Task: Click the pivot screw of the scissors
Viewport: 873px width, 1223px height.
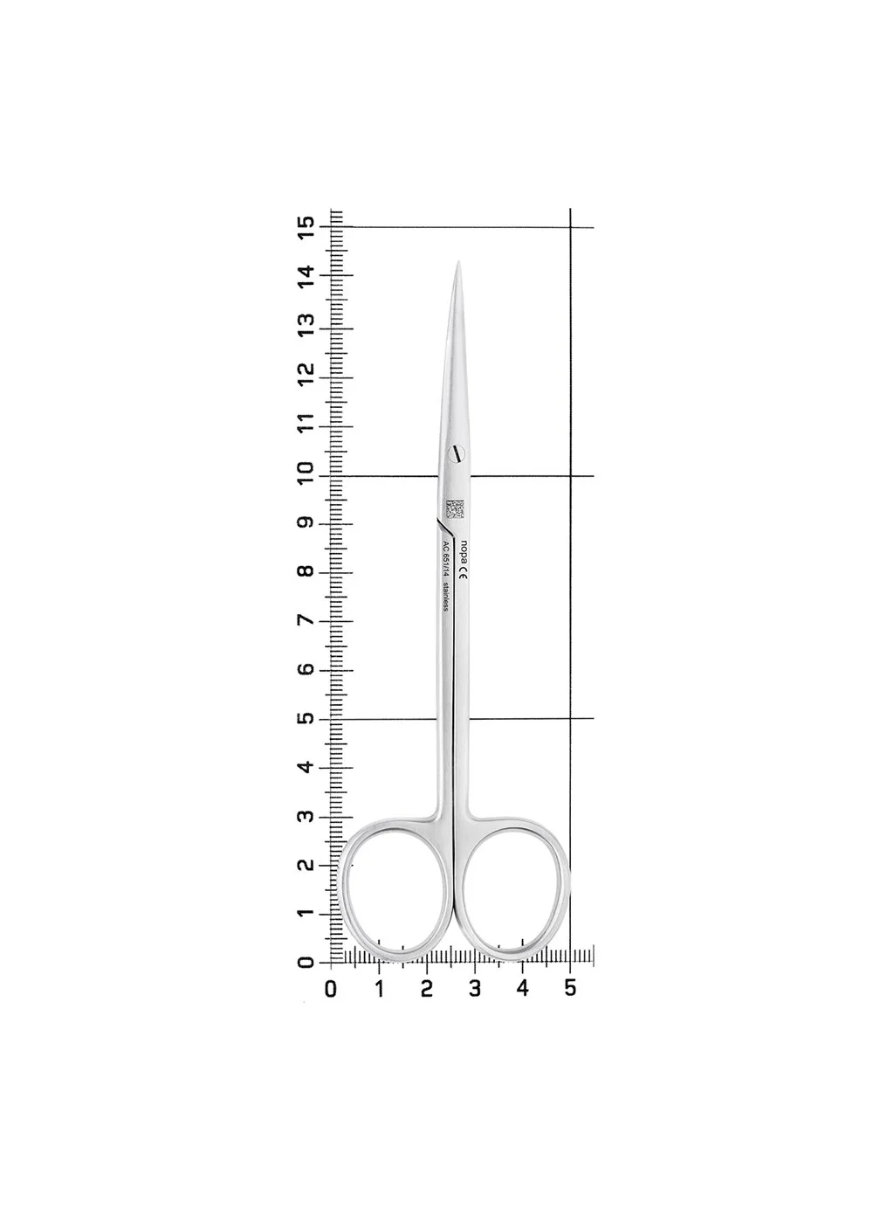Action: pos(456,453)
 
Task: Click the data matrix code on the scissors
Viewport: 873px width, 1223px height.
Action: pos(455,508)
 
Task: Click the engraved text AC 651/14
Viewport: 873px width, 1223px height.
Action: pos(445,558)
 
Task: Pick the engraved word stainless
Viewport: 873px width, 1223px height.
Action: pos(445,597)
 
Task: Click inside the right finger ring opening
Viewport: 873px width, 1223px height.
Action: pos(512,894)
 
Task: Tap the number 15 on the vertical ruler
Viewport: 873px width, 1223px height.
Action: pos(306,225)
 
